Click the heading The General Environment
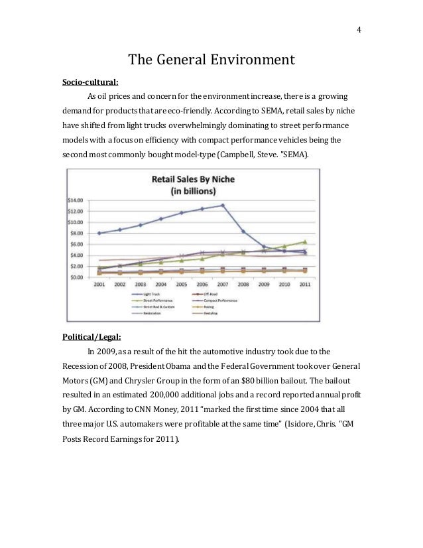pos(211,60)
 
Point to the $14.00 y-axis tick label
pos(77,200)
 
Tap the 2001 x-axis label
pos(99,284)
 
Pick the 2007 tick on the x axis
pos(222,284)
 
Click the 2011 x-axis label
pos(304,284)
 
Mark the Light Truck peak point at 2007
pos(223,205)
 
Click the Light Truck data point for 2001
pos(99,233)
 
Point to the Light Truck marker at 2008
pos(243,231)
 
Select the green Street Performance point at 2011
pos(304,241)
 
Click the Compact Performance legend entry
pos(222,300)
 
